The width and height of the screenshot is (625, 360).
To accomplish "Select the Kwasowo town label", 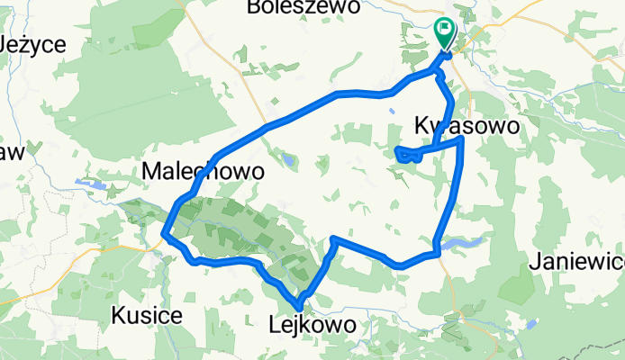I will click(467, 126).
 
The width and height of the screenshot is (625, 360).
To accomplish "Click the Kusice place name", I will click(147, 316).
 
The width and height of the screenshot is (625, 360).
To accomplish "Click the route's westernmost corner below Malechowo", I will click(164, 237).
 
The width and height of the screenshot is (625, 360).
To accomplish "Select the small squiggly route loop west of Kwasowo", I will click(406, 156).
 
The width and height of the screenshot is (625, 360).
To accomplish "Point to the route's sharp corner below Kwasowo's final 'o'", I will click(461, 139).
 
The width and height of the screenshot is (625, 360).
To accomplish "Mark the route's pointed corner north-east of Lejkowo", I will click(334, 239).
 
